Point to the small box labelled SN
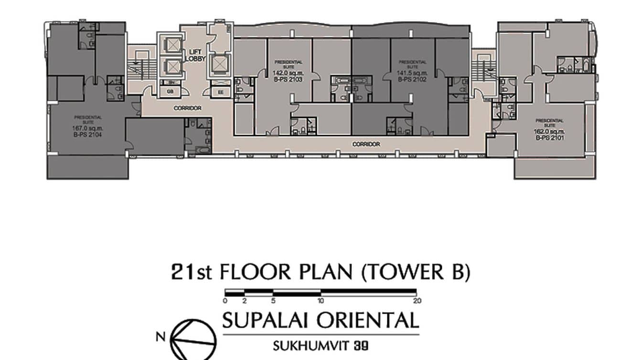tap(170, 83)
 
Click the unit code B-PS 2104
tap(88, 134)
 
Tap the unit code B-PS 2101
tap(549, 138)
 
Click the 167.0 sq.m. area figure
tap(88, 128)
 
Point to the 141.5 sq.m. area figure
tap(412, 73)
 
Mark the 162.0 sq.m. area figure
tap(549, 131)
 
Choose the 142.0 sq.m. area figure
tap(288, 73)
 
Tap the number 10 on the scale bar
tap(321, 301)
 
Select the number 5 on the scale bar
tap(273, 301)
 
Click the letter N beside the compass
tap(161, 337)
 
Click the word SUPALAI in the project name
tap(267, 320)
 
